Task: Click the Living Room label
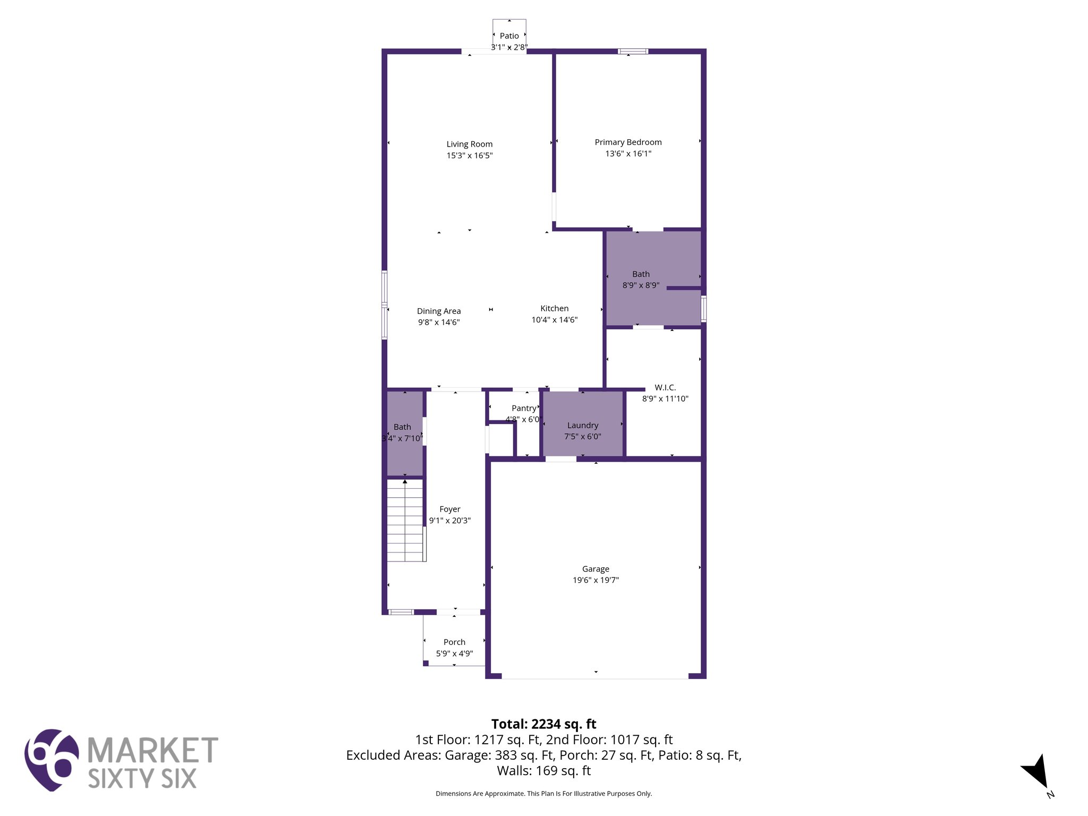point(469,144)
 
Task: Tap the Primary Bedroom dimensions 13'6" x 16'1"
point(628,154)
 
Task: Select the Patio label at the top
point(509,36)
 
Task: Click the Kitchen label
point(554,308)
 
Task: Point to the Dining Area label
point(438,311)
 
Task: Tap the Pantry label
point(524,408)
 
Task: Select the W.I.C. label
point(665,387)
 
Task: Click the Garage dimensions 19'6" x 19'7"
point(596,580)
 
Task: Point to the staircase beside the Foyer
point(405,521)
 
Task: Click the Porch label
point(454,642)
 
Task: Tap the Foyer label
point(449,509)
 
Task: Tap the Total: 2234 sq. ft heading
point(543,724)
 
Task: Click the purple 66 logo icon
point(52,760)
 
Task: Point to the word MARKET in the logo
point(152,750)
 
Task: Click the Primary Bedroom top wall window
point(632,52)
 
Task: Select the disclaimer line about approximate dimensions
point(543,794)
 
